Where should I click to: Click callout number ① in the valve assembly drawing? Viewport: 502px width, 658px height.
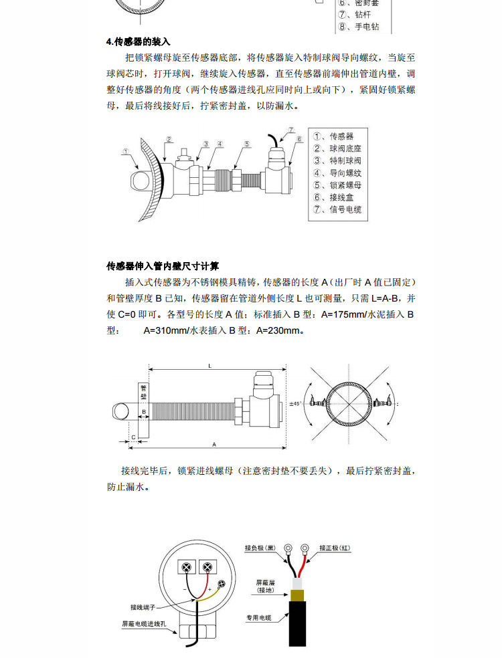click(x=126, y=152)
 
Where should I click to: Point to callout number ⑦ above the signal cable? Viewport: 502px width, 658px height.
click(x=292, y=129)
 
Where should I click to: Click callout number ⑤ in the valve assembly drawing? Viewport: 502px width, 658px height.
click(x=246, y=144)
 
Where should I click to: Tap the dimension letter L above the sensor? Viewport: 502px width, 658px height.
click(x=210, y=365)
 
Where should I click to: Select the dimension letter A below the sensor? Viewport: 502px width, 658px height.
click(x=214, y=443)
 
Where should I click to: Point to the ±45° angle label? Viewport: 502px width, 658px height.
click(x=296, y=404)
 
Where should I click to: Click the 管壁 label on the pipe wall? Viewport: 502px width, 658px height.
click(x=143, y=393)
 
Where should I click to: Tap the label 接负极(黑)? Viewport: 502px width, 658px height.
click(x=260, y=548)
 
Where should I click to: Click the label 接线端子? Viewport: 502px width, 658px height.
click(x=143, y=607)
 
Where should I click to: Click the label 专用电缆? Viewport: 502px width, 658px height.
click(x=258, y=618)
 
